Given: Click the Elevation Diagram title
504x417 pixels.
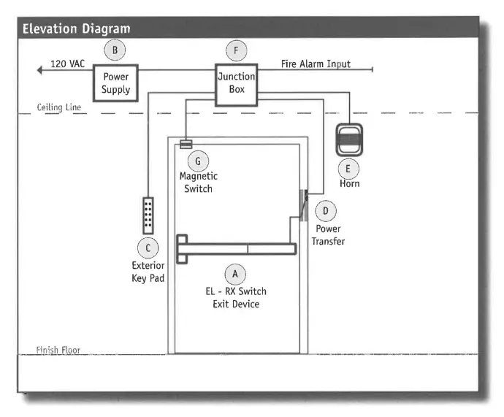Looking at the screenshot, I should (76, 29).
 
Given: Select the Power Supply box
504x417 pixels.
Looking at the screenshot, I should (115, 83).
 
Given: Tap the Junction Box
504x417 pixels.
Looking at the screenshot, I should (237, 83).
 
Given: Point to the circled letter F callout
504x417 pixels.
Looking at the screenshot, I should (236, 50).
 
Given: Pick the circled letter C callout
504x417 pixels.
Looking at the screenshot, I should (148, 248).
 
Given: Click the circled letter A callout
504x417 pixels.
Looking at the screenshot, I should (235, 274).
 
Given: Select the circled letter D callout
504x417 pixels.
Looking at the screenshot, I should (325, 211).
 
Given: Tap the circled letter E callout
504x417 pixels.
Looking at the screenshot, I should (348, 168).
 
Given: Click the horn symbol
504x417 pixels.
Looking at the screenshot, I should (348, 139).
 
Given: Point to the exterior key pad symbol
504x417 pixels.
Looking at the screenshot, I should (148, 215).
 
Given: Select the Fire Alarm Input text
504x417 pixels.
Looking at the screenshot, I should (316, 64).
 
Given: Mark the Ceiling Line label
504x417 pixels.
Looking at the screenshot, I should (59, 108).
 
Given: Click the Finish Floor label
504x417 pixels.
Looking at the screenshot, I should (58, 351).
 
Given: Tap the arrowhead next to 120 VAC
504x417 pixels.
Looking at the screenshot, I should (41, 70).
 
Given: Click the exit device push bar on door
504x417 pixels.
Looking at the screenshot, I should (237, 249).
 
